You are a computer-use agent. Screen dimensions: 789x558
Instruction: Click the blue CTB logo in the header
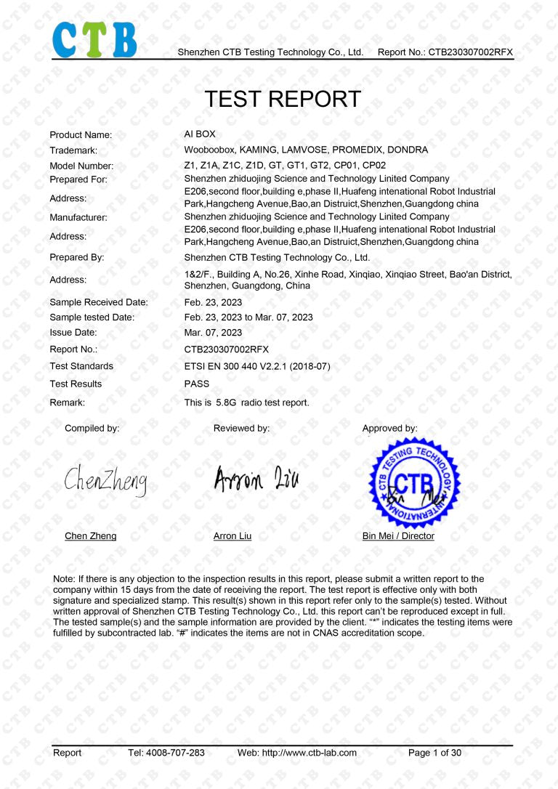pyautogui.click(x=94, y=39)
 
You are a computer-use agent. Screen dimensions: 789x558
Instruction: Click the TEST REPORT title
pyautogui.click(x=283, y=99)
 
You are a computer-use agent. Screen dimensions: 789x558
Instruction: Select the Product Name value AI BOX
pyautogui.click(x=200, y=134)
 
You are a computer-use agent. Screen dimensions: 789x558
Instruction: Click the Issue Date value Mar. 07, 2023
pyautogui.click(x=213, y=333)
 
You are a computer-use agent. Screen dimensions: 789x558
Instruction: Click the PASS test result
pyautogui.click(x=197, y=384)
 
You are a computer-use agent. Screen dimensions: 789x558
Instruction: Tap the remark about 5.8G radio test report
pyautogui.click(x=246, y=402)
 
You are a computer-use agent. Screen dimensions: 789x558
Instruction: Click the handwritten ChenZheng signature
pyautogui.click(x=105, y=480)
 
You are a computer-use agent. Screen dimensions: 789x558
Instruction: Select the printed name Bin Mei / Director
pyautogui.click(x=398, y=536)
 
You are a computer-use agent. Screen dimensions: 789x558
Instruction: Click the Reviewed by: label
pyautogui.click(x=241, y=429)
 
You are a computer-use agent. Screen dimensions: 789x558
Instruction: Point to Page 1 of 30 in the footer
pyautogui.click(x=434, y=753)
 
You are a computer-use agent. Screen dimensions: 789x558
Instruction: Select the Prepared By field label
pyautogui.click(x=77, y=257)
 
